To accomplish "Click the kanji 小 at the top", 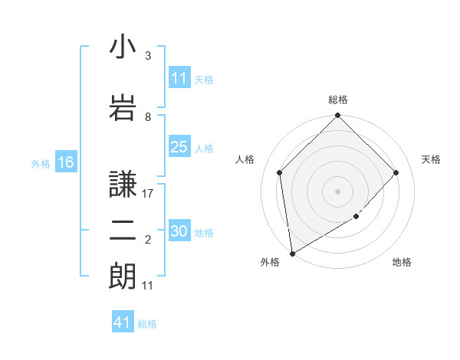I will click(123, 47).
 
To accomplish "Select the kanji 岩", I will click(123, 107).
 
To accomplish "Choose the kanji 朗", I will click(123, 276).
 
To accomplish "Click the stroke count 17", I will click(149, 194).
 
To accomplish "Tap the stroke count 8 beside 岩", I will click(148, 117).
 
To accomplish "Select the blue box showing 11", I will click(179, 78).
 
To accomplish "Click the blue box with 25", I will click(179, 147).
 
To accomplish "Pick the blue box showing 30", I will click(179, 231).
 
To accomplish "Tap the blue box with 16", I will click(66, 162).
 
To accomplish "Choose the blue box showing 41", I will click(123, 322).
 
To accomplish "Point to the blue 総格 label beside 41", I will click(147, 324).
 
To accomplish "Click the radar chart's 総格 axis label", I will click(338, 100).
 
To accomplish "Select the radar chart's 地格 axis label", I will click(402, 262).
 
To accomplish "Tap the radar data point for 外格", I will click(291, 254).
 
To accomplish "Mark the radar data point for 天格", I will click(396, 172).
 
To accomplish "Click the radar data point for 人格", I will click(280, 172).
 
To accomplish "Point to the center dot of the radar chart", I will click(338, 191).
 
